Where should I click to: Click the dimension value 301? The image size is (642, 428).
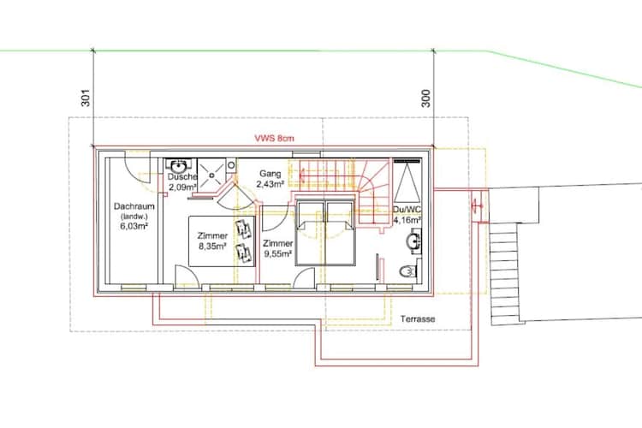86,98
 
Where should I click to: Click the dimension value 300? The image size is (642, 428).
425,98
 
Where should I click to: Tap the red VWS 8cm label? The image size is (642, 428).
274,138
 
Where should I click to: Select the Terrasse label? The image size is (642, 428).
418,318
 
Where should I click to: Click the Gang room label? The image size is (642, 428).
270,174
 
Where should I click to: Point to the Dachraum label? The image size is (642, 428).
134,206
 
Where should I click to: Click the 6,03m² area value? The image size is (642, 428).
134,226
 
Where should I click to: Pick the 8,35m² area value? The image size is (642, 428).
213,247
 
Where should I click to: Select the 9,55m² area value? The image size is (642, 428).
278,253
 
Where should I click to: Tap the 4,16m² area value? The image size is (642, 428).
407,220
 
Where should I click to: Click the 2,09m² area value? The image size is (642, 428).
182,187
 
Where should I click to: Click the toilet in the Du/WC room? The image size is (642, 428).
408,270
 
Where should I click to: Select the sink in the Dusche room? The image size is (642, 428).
179,166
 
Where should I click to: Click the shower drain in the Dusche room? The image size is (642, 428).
211,175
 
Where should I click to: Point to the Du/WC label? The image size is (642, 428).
407,209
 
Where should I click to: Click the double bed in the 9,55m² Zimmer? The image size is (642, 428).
325,232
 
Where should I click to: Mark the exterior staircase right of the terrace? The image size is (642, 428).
504,273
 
